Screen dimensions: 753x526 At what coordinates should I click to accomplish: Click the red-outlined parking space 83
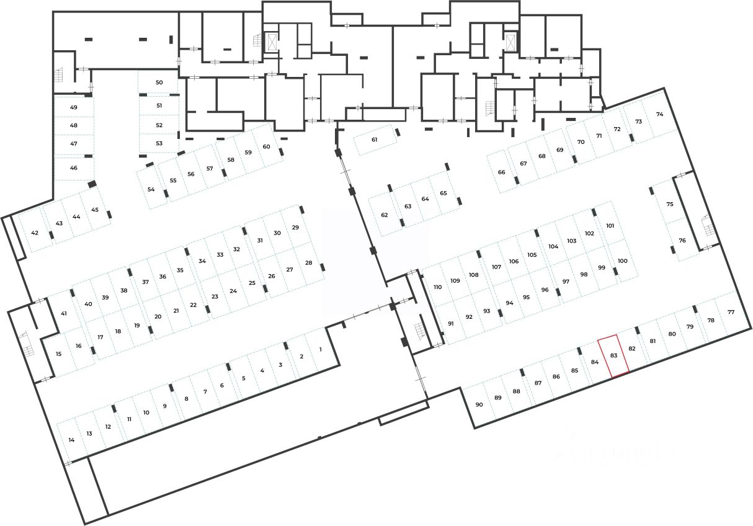[x=613, y=355]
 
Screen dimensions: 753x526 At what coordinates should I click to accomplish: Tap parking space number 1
[x=320, y=349]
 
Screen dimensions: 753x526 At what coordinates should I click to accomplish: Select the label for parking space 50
[x=159, y=82]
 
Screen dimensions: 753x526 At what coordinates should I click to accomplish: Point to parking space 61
[x=375, y=140]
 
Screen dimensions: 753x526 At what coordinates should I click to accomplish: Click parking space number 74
[x=659, y=115]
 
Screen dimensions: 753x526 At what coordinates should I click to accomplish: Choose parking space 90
[x=479, y=404]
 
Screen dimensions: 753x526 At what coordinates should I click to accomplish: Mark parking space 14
[x=71, y=440]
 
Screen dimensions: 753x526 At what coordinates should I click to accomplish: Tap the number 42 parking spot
[x=35, y=233]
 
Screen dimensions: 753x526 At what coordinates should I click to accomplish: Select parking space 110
[x=438, y=287]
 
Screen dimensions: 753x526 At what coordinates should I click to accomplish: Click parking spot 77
[x=731, y=312]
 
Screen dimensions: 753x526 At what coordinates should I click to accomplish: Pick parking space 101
[x=610, y=226]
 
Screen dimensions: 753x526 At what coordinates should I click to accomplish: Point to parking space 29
[x=295, y=228]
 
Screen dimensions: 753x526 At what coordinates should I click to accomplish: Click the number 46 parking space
[x=74, y=168]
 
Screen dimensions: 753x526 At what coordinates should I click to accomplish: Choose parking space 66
[x=501, y=172]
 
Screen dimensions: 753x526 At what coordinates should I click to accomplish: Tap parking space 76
[x=682, y=241]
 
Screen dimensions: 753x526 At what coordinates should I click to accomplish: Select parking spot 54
[x=151, y=189]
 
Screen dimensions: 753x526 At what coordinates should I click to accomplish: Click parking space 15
[x=58, y=354]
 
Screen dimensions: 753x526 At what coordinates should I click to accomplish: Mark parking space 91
[x=451, y=324]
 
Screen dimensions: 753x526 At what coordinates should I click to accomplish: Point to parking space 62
[x=385, y=215]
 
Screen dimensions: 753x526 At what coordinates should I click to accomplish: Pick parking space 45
[x=95, y=210]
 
